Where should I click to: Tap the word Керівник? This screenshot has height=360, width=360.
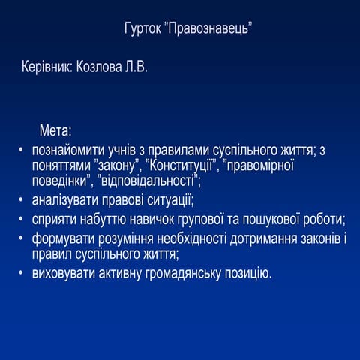(x=46, y=67)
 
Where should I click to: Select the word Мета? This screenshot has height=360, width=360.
(x=55, y=129)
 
